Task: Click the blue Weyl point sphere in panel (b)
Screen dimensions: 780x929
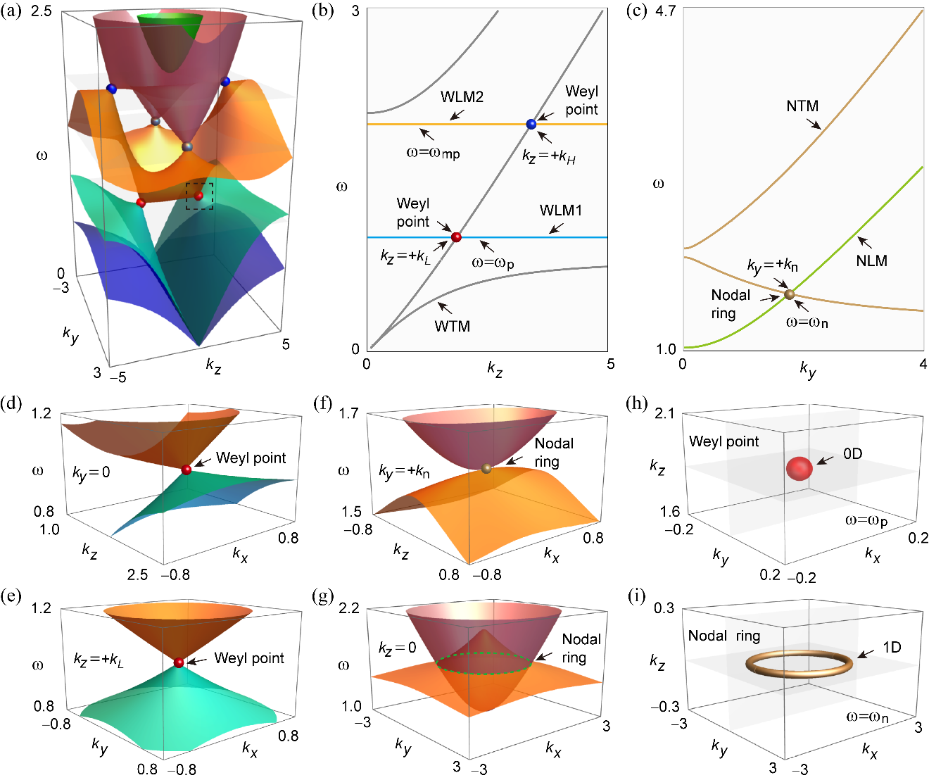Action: pos(531,125)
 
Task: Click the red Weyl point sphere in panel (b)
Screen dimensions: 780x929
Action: pos(456,237)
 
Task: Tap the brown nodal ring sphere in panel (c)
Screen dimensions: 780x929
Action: pos(790,294)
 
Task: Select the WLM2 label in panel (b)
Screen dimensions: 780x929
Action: pos(462,97)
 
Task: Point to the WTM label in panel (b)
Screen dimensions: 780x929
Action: pos(452,326)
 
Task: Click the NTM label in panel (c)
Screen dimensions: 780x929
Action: pos(802,106)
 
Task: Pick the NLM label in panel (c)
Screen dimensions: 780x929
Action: pos(871,260)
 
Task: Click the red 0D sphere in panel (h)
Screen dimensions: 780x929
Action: pos(800,468)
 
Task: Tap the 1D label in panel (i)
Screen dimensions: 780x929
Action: pos(892,647)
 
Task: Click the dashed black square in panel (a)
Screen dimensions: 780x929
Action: pos(199,196)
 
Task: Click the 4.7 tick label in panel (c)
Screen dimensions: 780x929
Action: pos(666,11)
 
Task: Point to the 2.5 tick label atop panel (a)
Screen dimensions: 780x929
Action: pos(42,11)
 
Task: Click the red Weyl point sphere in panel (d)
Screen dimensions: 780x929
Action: pos(187,470)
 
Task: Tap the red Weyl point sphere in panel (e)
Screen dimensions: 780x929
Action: pos(179,662)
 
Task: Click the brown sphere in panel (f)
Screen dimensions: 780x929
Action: pos(486,468)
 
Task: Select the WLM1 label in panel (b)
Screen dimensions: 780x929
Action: pos(560,210)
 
